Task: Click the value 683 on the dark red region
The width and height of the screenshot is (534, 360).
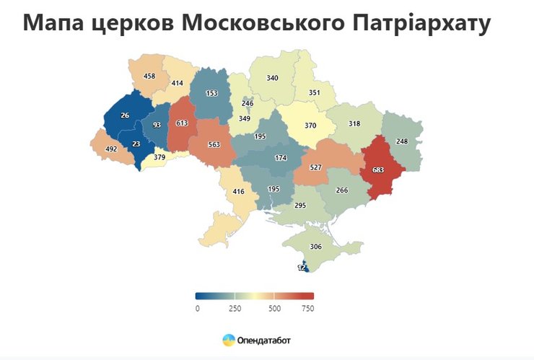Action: point(378,170)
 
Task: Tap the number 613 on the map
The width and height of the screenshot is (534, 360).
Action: point(182,123)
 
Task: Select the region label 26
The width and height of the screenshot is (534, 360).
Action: point(125,115)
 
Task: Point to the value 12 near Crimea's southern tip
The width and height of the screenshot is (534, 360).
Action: point(302,267)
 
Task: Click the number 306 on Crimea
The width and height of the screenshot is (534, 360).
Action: point(315,246)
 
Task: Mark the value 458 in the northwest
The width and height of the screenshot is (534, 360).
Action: point(149,76)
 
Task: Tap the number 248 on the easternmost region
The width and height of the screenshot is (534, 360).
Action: point(402,141)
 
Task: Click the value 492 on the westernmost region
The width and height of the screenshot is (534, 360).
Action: point(111,150)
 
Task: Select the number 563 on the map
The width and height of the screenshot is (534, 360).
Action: point(214,144)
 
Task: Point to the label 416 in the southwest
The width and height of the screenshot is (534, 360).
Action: point(239,193)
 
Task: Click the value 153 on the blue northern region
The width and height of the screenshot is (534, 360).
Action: point(211,93)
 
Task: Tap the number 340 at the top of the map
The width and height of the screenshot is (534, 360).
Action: point(272,78)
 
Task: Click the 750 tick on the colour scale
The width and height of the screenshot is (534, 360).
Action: point(307,309)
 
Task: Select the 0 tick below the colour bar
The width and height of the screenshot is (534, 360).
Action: point(197,309)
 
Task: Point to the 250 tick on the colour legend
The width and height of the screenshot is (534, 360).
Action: point(235,309)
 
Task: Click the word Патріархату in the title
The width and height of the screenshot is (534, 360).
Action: point(419,23)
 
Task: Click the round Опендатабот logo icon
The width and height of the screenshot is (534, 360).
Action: point(228,339)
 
